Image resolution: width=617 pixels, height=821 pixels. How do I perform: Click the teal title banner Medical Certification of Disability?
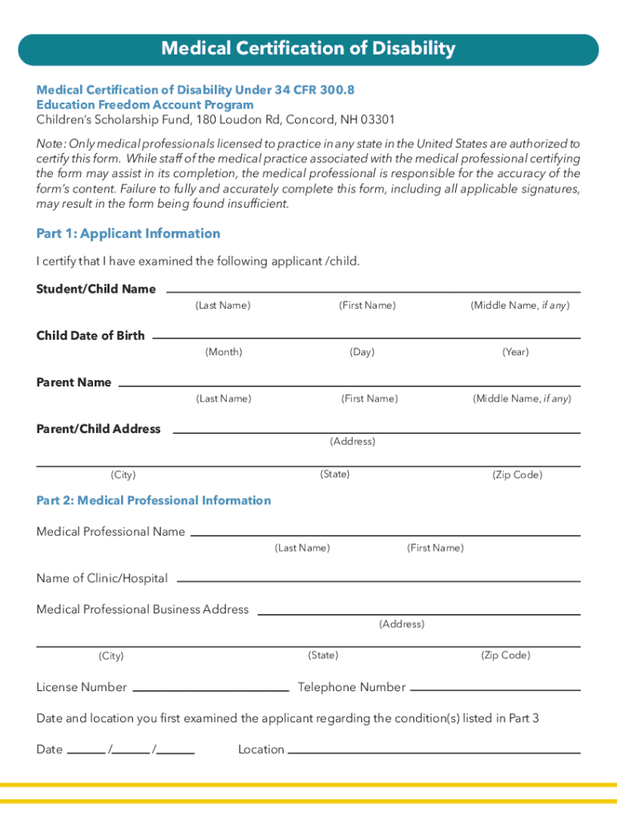point(308,50)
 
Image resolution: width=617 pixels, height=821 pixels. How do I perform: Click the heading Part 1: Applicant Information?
point(128,233)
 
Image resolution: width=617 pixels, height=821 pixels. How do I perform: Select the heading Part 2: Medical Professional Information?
point(154,500)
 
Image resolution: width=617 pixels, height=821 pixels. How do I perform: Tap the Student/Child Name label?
point(96,289)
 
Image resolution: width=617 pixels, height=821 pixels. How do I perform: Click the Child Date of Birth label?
point(91,335)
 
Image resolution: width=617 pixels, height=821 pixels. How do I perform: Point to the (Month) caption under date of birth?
point(224,352)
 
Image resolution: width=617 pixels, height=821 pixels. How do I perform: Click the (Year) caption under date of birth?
point(515,352)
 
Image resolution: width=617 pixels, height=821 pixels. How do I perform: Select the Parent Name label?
point(74,382)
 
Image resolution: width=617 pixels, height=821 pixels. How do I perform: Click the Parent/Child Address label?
point(99,429)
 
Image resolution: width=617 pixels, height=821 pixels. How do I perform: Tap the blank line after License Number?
point(211,689)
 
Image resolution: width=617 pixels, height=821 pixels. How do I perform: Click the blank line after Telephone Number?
point(494,689)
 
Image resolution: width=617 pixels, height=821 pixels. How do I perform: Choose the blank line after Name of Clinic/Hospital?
point(378,580)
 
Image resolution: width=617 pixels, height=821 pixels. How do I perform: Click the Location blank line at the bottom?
point(434,751)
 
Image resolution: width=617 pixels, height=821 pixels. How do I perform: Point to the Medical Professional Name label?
point(111,532)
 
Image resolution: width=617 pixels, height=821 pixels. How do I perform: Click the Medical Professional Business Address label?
point(143,609)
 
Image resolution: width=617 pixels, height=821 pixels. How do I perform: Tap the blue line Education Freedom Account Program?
point(145,105)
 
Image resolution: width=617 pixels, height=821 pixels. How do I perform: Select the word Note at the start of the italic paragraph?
point(50,144)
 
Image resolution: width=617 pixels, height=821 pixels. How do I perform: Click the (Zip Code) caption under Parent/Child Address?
point(517,475)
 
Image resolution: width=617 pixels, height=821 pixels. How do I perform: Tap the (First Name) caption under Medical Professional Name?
point(435,548)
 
